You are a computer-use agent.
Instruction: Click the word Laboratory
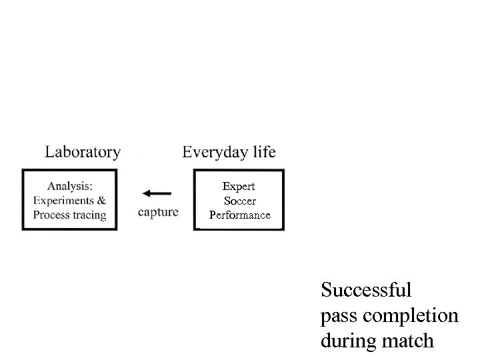pos(83,152)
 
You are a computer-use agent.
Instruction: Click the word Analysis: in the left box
pos(69,186)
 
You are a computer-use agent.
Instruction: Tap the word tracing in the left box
pos(89,215)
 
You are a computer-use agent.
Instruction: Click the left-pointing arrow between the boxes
pos(157,193)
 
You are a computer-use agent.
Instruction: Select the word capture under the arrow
pos(159,213)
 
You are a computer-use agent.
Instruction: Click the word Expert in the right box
pos(239,186)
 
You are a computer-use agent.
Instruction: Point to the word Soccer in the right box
pos(240,200)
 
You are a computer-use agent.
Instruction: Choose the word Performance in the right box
pos(240,215)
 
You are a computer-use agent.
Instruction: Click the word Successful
pos(366,291)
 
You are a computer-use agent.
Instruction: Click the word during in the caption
pos(347,341)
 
